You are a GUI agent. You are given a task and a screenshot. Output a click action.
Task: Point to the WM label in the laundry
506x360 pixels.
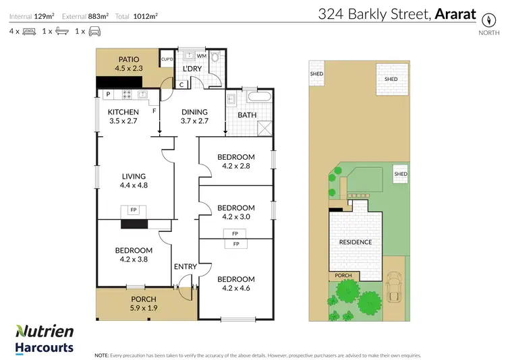click(x=201, y=56)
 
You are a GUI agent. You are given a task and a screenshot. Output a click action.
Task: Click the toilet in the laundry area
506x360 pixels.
click(x=215, y=59)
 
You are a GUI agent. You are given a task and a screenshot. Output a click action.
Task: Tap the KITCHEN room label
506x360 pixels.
click(x=123, y=112)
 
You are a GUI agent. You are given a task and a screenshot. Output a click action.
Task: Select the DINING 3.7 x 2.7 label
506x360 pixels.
click(x=194, y=117)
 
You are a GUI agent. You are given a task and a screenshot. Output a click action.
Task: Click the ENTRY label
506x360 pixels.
click(x=186, y=267)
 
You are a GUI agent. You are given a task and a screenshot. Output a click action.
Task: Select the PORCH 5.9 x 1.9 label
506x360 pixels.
click(x=143, y=303)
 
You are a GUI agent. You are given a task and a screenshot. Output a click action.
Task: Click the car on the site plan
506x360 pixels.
click(x=394, y=288)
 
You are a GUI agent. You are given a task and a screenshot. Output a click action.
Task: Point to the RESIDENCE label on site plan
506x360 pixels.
click(x=355, y=242)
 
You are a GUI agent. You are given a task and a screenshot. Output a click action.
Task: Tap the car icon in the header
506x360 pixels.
click(x=96, y=31)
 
